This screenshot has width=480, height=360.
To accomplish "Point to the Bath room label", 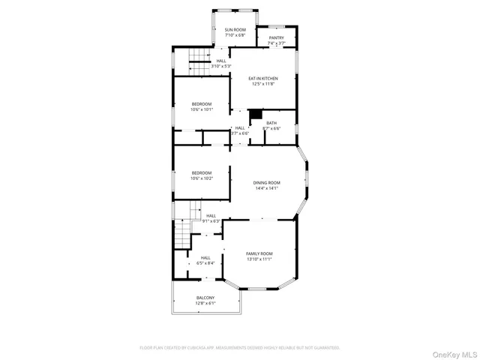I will click(271, 125).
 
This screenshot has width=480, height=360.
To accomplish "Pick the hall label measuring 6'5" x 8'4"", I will click(205, 260).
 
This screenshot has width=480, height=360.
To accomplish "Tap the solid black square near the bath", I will click(255, 113).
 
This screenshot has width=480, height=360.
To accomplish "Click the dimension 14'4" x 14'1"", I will click(266, 188).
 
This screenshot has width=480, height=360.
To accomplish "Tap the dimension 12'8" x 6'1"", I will click(205, 304).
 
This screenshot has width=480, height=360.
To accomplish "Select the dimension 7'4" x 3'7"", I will click(277, 43).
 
